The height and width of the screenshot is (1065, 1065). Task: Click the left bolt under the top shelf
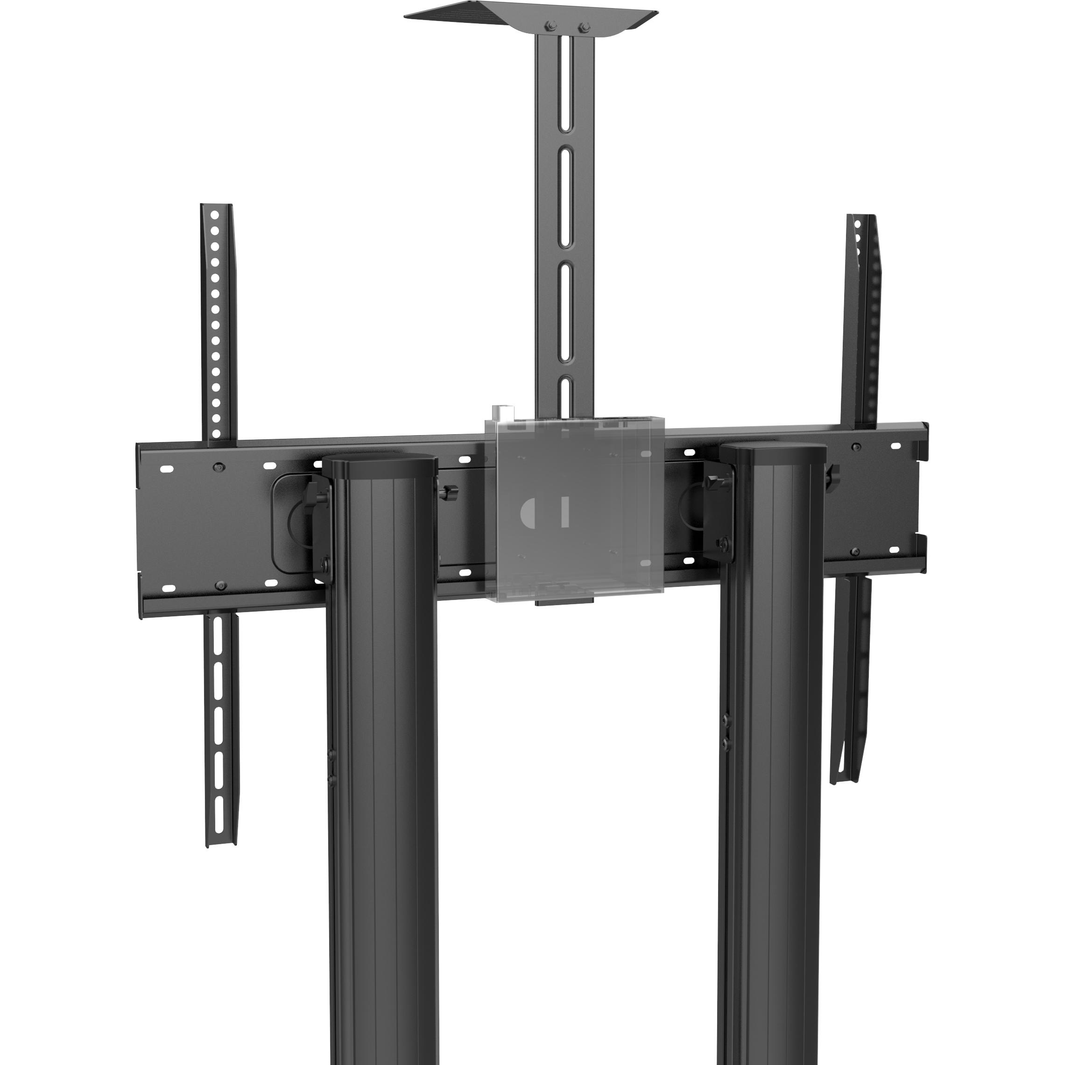[x=549, y=25]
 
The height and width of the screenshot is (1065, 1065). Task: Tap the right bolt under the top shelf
[x=585, y=26]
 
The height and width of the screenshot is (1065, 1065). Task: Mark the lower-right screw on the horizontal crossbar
[x=855, y=551]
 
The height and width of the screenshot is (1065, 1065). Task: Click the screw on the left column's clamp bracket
[x=325, y=564]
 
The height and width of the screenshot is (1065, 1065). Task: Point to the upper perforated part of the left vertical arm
[x=217, y=320]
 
